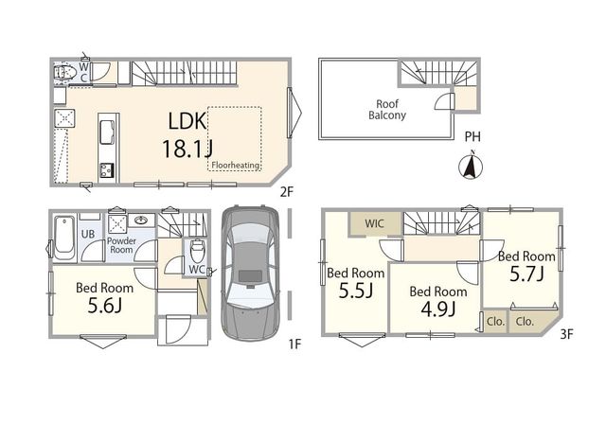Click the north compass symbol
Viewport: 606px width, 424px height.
pyautogui.click(x=471, y=166)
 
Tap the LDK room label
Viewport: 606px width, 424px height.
pyautogui.click(x=187, y=121)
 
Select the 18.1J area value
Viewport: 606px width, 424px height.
pyautogui.click(x=187, y=149)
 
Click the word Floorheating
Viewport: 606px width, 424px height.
pyautogui.click(x=236, y=165)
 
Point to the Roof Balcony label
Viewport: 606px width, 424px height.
pyautogui.click(x=387, y=110)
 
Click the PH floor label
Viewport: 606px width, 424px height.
pyautogui.click(x=472, y=136)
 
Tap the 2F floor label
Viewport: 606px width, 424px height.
pyautogui.click(x=287, y=191)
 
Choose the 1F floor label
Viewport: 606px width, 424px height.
pyautogui.click(x=294, y=344)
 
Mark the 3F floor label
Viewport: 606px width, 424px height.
pyautogui.click(x=566, y=334)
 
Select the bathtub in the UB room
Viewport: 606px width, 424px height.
pyautogui.click(x=64, y=238)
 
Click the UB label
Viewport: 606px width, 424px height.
pyautogui.click(x=88, y=234)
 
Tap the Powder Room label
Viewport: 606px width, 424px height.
pyautogui.click(x=121, y=245)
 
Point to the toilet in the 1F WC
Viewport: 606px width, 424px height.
pyautogui.click(x=197, y=250)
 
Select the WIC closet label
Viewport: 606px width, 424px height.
pyautogui.click(x=375, y=223)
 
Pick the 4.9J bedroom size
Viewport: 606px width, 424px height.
pyautogui.click(x=437, y=309)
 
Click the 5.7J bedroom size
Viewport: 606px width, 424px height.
pyautogui.click(x=526, y=274)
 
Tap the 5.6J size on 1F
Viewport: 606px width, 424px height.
pyautogui.click(x=105, y=306)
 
